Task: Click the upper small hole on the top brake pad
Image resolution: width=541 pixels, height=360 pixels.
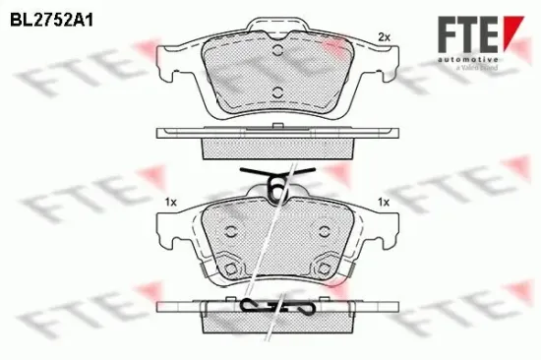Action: click(x=277, y=53)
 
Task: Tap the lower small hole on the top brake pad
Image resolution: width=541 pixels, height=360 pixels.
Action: click(x=277, y=94)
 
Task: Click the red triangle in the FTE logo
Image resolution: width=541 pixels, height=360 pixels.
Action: click(x=508, y=26)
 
